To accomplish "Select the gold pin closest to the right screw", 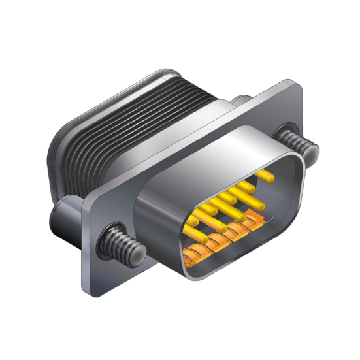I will tap(264, 175).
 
